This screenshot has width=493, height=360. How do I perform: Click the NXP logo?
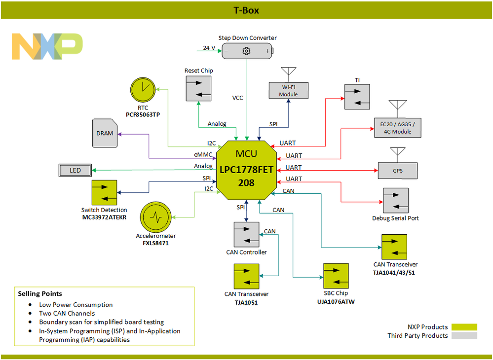pyautogui.click(x=47, y=47)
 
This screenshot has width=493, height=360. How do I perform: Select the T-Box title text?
pyautogui.click(x=246, y=10)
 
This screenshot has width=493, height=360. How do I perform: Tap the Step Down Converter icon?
pyautogui.click(x=247, y=51)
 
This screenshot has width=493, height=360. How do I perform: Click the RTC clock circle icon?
pyautogui.click(x=143, y=90)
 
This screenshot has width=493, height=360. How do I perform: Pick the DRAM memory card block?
pyautogui.click(x=105, y=133)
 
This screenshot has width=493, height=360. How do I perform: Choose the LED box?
pyautogui.click(x=75, y=171)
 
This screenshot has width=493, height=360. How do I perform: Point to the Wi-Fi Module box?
pyautogui.click(x=288, y=91)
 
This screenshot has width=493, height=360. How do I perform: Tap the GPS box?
pyautogui.click(x=398, y=171)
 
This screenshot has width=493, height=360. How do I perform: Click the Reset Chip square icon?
pyautogui.click(x=198, y=88)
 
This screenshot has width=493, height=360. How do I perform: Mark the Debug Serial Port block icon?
pyautogui.click(x=395, y=200)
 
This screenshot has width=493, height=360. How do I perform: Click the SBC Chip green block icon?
pyautogui.click(x=336, y=276)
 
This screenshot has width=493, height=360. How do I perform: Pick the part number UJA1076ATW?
pyautogui.click(x=336, y=302)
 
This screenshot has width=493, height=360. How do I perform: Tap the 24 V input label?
pyautogui.click(x=209, y=48)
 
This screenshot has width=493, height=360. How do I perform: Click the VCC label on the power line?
pyautogui.click(x=238, y=98)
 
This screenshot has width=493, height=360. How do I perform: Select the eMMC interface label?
pyautogui.click(x=203, y=154)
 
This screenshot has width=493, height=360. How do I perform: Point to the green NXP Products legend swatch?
pyautogui.click(x=464, y=327)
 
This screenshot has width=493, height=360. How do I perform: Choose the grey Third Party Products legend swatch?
pyautogui.click(x=464, y=336)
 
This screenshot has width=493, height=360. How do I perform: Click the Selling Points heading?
pyautogui.click(x=40, y=293)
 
